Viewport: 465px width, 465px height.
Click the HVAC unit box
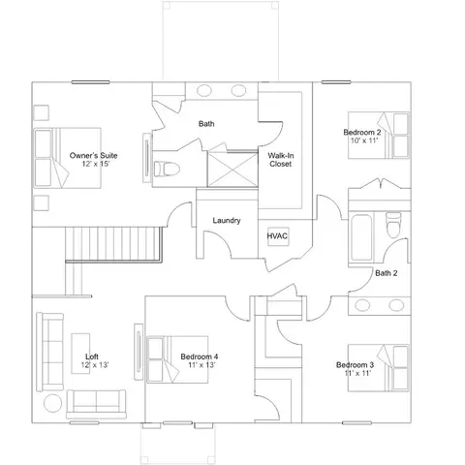click(278, 236)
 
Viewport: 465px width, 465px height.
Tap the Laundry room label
click(227, 221)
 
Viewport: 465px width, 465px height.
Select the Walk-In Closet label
click(281, 160)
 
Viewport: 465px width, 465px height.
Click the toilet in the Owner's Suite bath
click(167, 169)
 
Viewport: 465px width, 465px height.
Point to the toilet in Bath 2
click(393, 225)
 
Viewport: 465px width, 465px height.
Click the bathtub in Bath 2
click(361, 237)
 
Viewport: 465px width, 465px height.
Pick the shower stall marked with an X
click(232, 169)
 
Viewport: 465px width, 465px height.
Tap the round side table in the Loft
click(52, 403)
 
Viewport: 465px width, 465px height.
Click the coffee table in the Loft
click(80, 354)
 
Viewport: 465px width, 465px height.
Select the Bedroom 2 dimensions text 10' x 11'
click(364, 140)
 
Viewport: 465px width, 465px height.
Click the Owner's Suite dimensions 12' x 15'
click(96, 164)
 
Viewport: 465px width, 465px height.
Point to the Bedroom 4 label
click(200, 356)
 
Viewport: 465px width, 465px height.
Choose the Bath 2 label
click(387, 273)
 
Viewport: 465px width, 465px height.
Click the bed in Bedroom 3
click(379, 368)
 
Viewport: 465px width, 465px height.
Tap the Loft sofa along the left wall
click(49, 352)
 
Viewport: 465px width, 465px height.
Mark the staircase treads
click(113, 243)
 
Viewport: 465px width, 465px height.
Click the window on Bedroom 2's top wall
click(336, 82)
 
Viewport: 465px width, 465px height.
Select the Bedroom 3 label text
click(355, 365)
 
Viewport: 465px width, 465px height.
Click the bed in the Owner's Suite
click(68, 158)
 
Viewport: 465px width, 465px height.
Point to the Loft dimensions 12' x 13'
click(95, 365)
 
